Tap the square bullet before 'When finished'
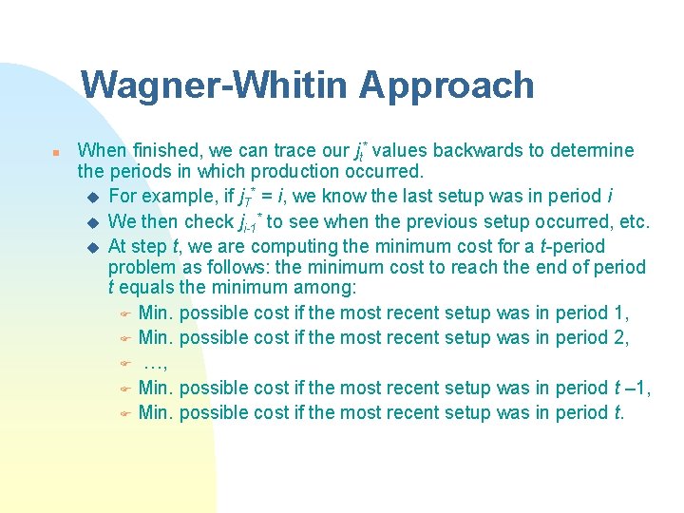56,152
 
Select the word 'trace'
294,150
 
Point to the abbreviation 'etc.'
635,222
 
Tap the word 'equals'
147,288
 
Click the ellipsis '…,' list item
155,363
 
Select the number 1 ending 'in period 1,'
624,313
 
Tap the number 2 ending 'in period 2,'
624,337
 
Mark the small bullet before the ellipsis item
123,364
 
